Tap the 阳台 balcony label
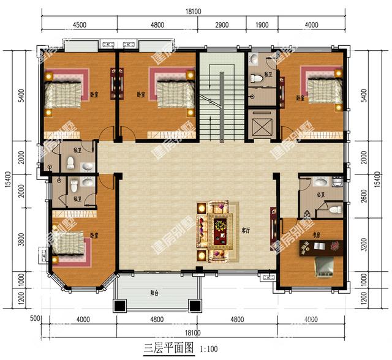(156, 293)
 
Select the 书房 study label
(317, 234)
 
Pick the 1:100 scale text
(209, 349)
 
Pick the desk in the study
(317, 247)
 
